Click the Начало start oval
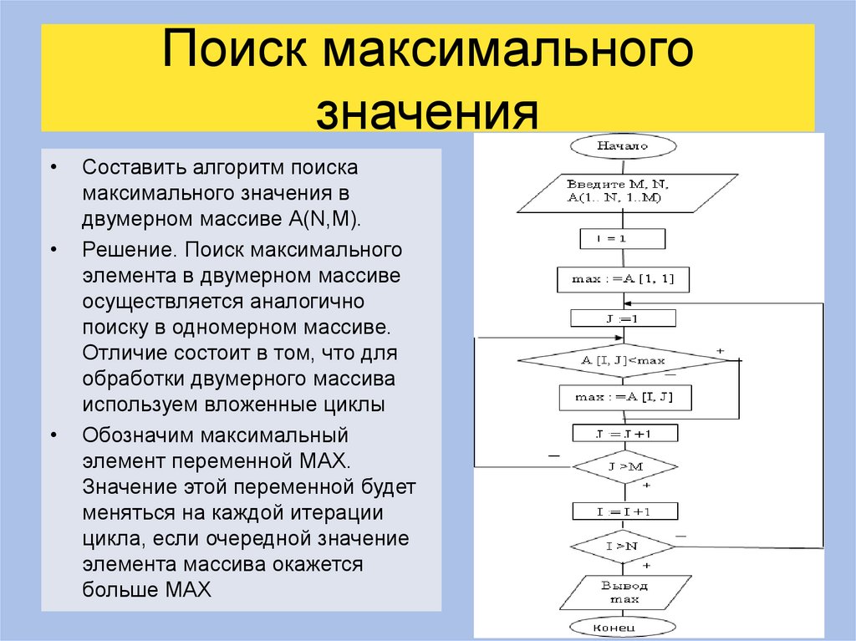coord(623,145)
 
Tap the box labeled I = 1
coord(623,239)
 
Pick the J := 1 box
coord(623,318)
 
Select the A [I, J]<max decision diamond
coord(623,360)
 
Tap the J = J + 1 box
coord(624,433)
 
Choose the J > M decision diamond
coord(623,466)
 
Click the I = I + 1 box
coord(624,511)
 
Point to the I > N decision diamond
coord(623,547)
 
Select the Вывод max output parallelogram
coord(623,592)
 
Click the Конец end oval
coord(623,626)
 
